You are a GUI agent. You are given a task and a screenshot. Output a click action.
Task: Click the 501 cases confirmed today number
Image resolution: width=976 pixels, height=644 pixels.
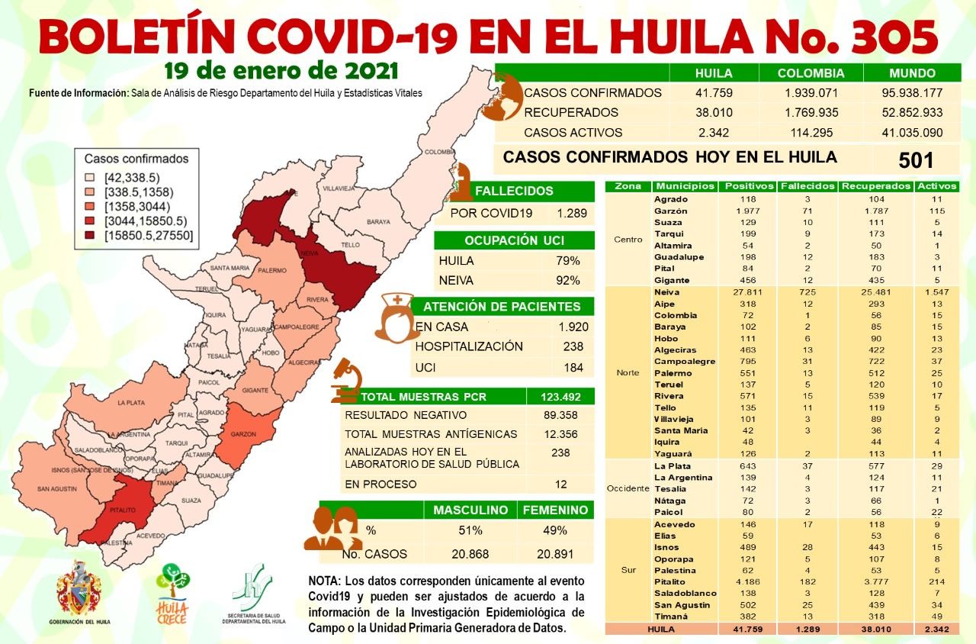916,160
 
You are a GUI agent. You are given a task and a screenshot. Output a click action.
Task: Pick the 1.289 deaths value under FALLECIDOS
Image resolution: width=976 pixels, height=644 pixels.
572,214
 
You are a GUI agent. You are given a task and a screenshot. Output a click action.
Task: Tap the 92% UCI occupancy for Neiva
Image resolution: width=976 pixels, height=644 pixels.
568,280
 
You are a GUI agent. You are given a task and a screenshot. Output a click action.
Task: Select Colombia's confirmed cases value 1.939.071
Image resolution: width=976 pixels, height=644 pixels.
811,93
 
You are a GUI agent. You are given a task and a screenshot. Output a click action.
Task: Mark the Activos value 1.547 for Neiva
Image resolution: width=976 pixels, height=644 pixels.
931,292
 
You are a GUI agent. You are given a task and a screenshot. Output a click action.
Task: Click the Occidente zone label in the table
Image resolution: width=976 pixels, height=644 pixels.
628,488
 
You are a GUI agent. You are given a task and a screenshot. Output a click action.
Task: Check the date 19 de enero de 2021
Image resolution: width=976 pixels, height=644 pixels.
281,71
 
